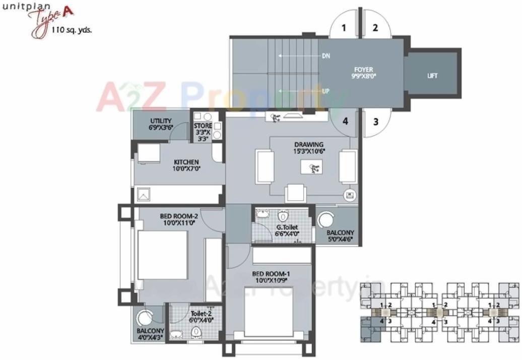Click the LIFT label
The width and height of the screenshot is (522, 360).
point(432,76)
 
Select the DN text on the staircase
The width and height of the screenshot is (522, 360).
point(325,56)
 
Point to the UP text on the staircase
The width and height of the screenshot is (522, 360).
point(325,91)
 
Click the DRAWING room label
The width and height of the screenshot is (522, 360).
point(309,145)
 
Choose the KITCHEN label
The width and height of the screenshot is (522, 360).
point(186,162)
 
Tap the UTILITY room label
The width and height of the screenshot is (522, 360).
point(161,121)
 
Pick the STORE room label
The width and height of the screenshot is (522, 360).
point(203,126)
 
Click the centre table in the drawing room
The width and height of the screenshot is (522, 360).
point(311,167)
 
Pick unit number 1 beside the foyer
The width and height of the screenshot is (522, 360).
point(344,28)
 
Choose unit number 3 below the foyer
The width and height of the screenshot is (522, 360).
point(375,122)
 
